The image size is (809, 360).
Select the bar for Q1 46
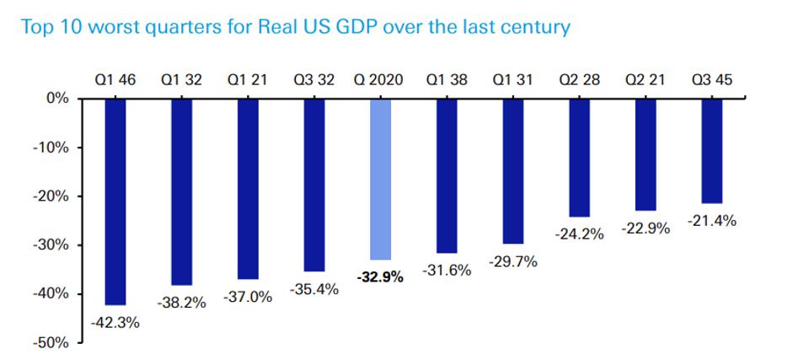coord(115,201)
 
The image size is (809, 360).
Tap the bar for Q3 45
coord(712,151)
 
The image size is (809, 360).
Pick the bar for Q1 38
coord(447,175)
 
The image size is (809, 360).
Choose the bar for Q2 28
coord(580,158)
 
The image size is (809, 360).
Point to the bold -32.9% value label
coord(380,275)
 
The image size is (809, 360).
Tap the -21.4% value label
coord(713,222)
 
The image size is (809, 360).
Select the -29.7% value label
coord(512,262)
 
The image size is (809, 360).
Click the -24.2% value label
coord(580,234)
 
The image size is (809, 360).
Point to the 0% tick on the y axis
coord(57,99)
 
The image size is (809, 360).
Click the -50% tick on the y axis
coord(52,343)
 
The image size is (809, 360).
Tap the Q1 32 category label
coord(181,81)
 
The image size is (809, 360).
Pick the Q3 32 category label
coord(313,81)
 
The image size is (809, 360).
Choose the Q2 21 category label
coord(646,81)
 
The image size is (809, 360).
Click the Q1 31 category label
coord(513,81)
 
